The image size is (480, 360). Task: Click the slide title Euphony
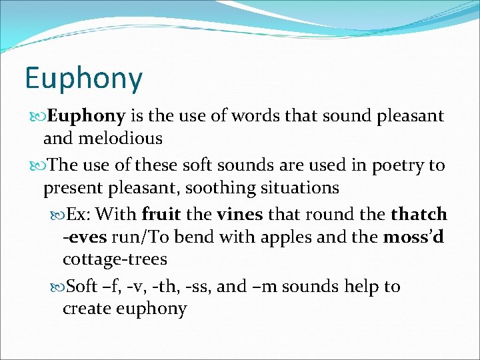click(x=83, y=79)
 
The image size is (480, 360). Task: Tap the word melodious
click(x=122, y=139)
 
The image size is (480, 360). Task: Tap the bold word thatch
click(x=419, y=215)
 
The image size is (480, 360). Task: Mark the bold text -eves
click(x=85, y=237)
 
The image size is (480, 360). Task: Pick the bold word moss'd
click(x=413, y=237)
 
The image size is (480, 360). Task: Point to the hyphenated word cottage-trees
click(x=115, y=259)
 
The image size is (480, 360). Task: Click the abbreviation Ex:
click(x=84, y=215)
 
